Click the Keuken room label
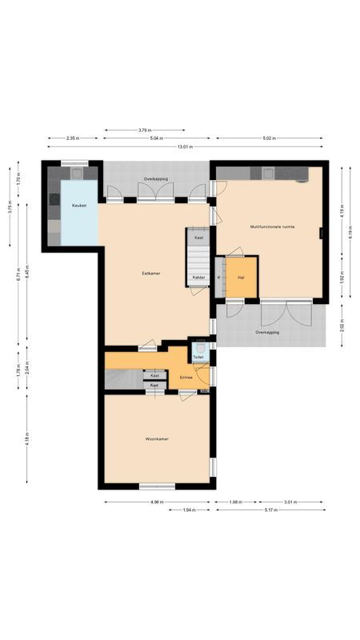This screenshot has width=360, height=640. (78, 206)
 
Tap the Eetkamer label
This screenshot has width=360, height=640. (150, 273)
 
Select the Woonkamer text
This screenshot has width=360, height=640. (156, 439)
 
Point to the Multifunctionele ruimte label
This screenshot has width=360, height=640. (272, 226)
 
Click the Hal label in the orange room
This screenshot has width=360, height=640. (241, 277)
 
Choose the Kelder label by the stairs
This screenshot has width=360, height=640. (198, 278)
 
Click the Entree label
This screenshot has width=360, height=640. (186, 376)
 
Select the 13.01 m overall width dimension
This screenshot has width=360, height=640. (185, 146)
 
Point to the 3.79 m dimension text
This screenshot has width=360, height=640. (145, 130)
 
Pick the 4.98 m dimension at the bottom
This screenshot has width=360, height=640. (156, 502)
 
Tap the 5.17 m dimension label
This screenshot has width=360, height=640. (267, 510)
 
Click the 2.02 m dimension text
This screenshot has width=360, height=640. (342, 326)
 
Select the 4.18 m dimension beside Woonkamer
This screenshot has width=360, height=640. (26, 439)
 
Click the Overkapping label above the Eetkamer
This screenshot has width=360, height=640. (155, 178)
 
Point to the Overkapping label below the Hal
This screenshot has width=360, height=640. (266, 331)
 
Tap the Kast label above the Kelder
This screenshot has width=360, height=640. (198, 238)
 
